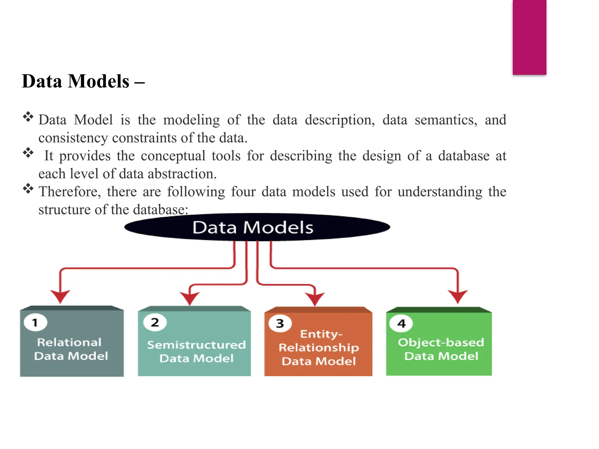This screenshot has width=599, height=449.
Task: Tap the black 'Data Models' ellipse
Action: [x=257, y=227]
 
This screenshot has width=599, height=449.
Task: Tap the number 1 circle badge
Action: [x=35, y=322]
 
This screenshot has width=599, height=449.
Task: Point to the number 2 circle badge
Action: [x=155, y=322]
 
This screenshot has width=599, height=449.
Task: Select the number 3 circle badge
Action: [x=280, y=323]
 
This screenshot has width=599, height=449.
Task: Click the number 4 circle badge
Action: [x=401, y=323]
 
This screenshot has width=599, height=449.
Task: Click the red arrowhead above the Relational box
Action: [x=60, y=296]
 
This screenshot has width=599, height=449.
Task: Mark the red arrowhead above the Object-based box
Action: [x=458, y=296]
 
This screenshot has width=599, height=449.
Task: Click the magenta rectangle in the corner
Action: [x=529, y=37]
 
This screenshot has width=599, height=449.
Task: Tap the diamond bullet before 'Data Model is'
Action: [x=28, y=117]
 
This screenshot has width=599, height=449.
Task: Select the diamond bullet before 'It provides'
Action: [x=28, y=153]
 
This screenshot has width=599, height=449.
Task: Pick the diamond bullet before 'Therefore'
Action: [x=28, y=189]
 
